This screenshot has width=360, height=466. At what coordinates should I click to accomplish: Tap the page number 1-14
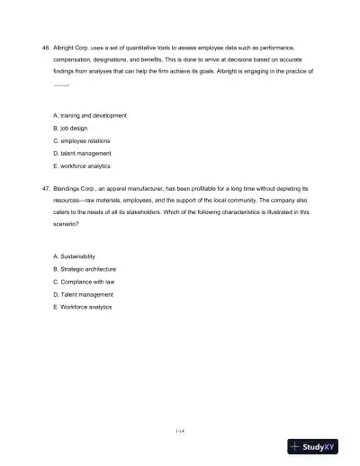(180, 431)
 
